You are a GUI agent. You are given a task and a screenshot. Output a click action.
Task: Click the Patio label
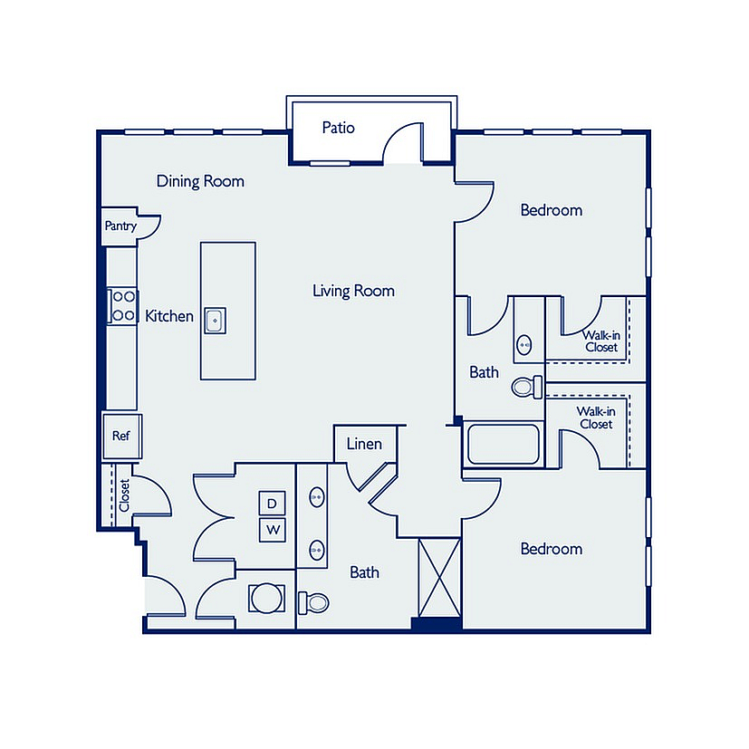click(x=338, y=128)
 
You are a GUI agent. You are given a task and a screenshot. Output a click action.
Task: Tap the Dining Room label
click(x=200, y=181)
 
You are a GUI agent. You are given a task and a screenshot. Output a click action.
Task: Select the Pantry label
click(x=120, y=226)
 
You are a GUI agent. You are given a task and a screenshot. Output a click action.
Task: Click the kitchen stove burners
click(x=123, y=306)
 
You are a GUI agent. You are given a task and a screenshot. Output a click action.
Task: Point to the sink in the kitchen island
click(x=215, y=321)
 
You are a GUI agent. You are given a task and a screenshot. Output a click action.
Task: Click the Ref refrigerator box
click(x=121, y=437)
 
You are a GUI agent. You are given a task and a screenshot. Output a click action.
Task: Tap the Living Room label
click(x=353, y=291)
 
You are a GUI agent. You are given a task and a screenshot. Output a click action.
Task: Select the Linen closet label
click(x=364, y=444)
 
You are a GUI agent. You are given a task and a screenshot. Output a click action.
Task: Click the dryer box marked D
click(x=272, y=503)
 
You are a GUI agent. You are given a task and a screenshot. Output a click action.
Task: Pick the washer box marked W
click(x=273, y=530)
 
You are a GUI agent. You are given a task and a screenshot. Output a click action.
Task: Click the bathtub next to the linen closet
click(x=504, y=444)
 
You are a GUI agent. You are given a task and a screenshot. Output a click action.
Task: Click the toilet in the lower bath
click(x=313, y=603)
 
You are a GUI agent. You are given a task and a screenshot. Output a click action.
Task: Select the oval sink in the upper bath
click(x=524, y=344)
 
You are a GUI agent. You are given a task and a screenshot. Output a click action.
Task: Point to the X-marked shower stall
click(x=439, y=578)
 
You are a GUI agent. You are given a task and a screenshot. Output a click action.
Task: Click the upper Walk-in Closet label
click(x=600, y=341)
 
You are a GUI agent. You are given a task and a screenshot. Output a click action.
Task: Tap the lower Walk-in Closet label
click(x=596, y=418)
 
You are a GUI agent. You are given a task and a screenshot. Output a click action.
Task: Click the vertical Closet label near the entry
click(x=124, y=495)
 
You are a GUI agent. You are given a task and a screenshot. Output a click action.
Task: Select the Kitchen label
click(x=169, y=316)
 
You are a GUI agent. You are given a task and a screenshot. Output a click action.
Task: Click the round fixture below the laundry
click(x=266, y=598)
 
